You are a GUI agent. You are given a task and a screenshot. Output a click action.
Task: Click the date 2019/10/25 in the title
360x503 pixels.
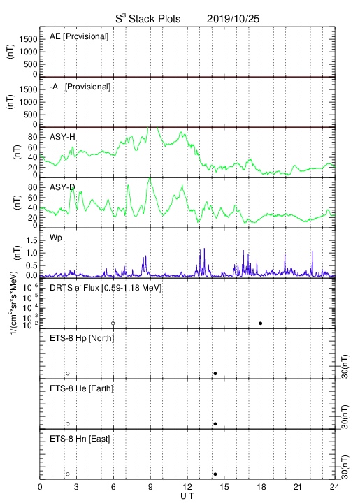point(233,19)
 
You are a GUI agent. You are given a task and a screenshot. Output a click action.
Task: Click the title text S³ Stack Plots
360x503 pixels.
point(148,19)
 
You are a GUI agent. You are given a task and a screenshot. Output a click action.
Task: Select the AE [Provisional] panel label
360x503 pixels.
point(79,36)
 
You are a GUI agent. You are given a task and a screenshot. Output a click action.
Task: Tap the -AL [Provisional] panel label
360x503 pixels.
point(80,87)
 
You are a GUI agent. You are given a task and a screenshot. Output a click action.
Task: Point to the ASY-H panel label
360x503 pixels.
point(62,138)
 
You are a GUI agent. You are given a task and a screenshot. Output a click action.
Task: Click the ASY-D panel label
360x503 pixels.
point(62,187)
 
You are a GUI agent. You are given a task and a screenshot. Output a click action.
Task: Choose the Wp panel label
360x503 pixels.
point(56,238)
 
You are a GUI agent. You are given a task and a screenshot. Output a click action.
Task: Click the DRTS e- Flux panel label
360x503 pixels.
point(106,288)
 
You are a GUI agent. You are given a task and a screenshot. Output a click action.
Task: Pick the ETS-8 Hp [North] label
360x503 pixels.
point(82,338)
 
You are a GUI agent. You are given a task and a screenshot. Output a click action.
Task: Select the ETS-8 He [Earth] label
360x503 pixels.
point(82,388)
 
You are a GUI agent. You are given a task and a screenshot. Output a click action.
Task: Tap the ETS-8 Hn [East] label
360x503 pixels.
point(80,439)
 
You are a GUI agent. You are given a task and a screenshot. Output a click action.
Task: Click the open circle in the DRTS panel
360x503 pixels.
point(113,323)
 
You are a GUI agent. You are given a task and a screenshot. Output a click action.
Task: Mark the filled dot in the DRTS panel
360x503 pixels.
point(261,323)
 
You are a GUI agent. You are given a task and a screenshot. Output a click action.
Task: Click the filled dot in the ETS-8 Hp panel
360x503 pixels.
point(215,373)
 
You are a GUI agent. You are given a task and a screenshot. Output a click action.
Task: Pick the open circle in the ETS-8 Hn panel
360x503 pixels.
point(68,474)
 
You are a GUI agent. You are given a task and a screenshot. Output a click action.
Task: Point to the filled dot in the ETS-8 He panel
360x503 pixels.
point(215,424)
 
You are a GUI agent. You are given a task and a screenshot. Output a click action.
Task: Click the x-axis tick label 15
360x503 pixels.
point(224,487)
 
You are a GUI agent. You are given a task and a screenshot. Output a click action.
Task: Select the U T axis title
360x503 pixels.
point(187,496)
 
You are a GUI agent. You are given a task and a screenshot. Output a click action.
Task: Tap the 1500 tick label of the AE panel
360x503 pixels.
point(28,39)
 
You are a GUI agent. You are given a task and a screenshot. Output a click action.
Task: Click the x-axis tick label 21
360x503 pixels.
point(298,487)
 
